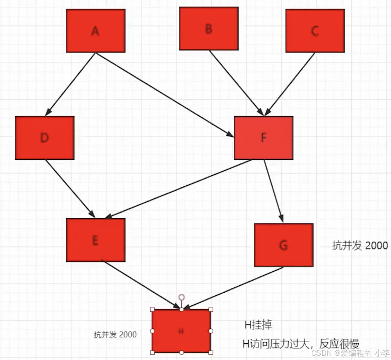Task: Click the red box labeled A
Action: click(96, 31)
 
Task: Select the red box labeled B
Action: click(209, 29)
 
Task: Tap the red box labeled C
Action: click(315, 31)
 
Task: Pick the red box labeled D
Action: click(45, 138)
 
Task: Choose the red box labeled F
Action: click(263, 138)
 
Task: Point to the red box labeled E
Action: click(96, 240)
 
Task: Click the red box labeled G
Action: click(284, 245)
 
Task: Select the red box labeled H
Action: click(181, 331)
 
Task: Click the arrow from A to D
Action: click(71, 84)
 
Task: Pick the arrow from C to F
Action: click(289, 84)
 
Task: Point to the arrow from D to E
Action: click(70, 189)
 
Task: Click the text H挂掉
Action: click(258, 325)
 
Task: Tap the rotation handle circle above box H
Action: click(181, 297)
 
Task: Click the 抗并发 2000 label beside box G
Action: click(360, 246)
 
